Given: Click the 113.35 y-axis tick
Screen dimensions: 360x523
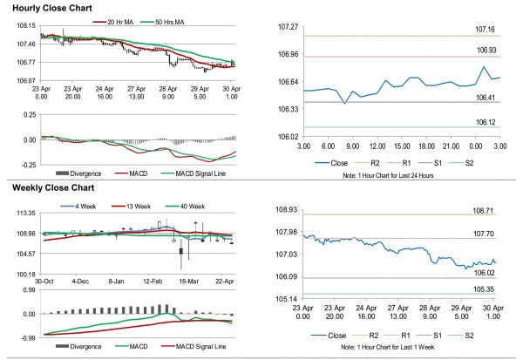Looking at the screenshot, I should [24, 214].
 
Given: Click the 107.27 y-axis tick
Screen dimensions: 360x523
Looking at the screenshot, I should [288, 27].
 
